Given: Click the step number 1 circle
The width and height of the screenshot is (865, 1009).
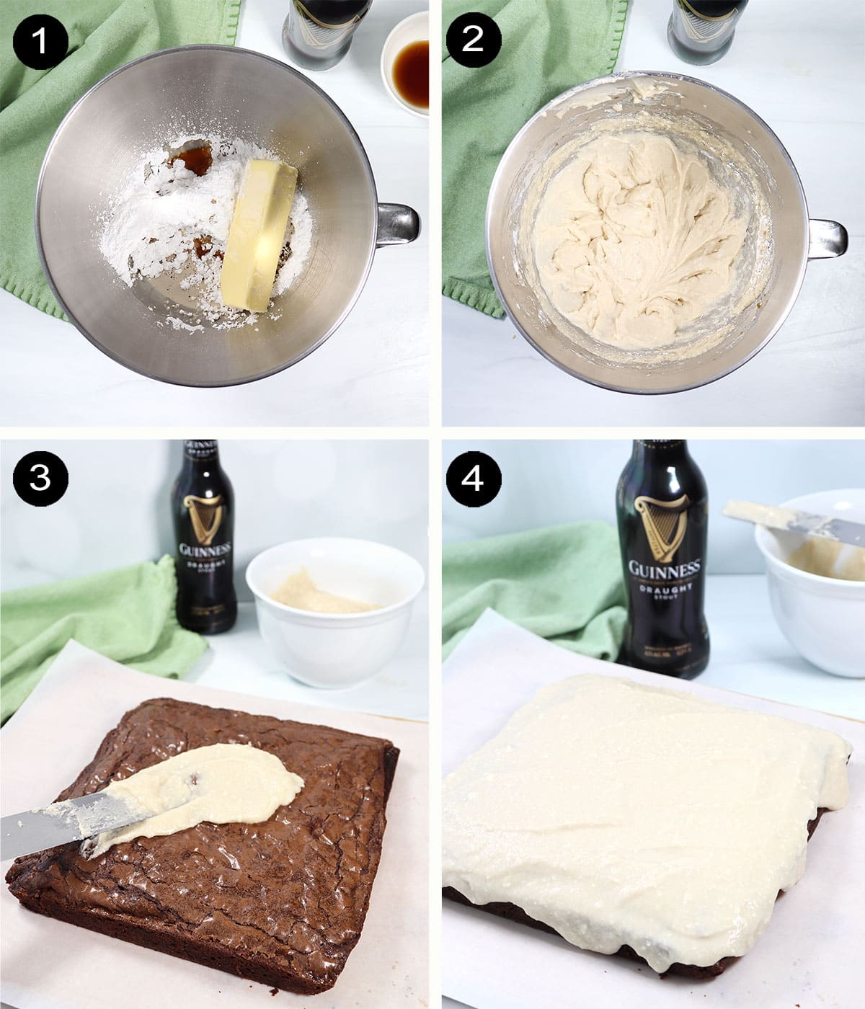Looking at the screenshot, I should pos(40,40).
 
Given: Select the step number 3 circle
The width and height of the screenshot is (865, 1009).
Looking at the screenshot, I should pos(40,477).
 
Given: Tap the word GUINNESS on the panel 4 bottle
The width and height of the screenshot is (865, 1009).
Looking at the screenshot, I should pos(664,569).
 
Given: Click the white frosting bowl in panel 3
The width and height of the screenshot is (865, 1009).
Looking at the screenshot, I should pos(335,620).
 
